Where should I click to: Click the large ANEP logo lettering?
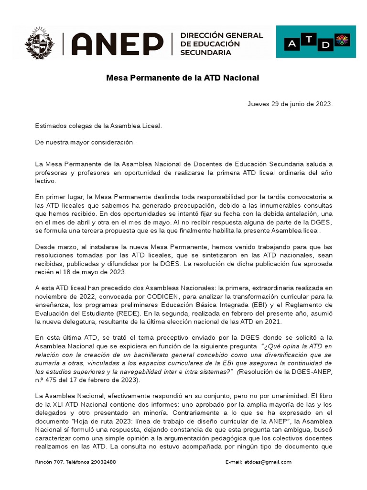click(x=117, y=44)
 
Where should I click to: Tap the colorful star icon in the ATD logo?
click(x=343, y=40)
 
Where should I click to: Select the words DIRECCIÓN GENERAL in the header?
click(x=221, y=35)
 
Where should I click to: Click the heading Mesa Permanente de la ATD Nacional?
click(x=183, y=78)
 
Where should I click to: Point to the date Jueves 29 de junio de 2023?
click(x=290, y=104)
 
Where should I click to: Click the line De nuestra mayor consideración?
click(x=85, y=142)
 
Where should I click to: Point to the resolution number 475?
click(x=52, y=380)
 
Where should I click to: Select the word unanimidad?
click(x=274, y=396)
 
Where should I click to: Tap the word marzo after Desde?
click(x=65, y=247)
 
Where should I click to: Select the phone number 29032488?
click(x=101, y=462)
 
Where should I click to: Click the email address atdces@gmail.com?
click(x=268, y=462)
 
